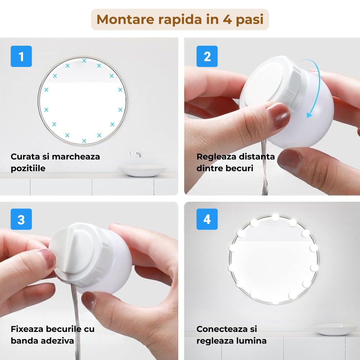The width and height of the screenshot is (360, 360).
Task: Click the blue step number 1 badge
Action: pyautogui.click(x=21, y=57)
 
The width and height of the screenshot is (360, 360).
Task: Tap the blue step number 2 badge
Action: pyautogui.click(x=207, y=57)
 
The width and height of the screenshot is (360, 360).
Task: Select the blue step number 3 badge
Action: pyautogui.click(x=21, y=219)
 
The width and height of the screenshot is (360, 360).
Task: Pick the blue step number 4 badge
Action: pyautogui.click(x=207, y=219)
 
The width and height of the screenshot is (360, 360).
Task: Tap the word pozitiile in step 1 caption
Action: pyautogui.click(x=28, y=168)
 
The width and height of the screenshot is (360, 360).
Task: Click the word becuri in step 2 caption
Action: pyautogui.click(x=241, y=168)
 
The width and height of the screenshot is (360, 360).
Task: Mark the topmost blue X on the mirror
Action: pyautogui.click(x=84, y=60)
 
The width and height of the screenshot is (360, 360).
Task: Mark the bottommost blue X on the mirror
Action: pyautogui.click(x=84, y=141)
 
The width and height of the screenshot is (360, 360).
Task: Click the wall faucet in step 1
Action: pyautogui.click(x=136, y=154)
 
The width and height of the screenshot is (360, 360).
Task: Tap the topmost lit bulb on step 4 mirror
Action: pyautogui.click(x=275, y=217)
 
